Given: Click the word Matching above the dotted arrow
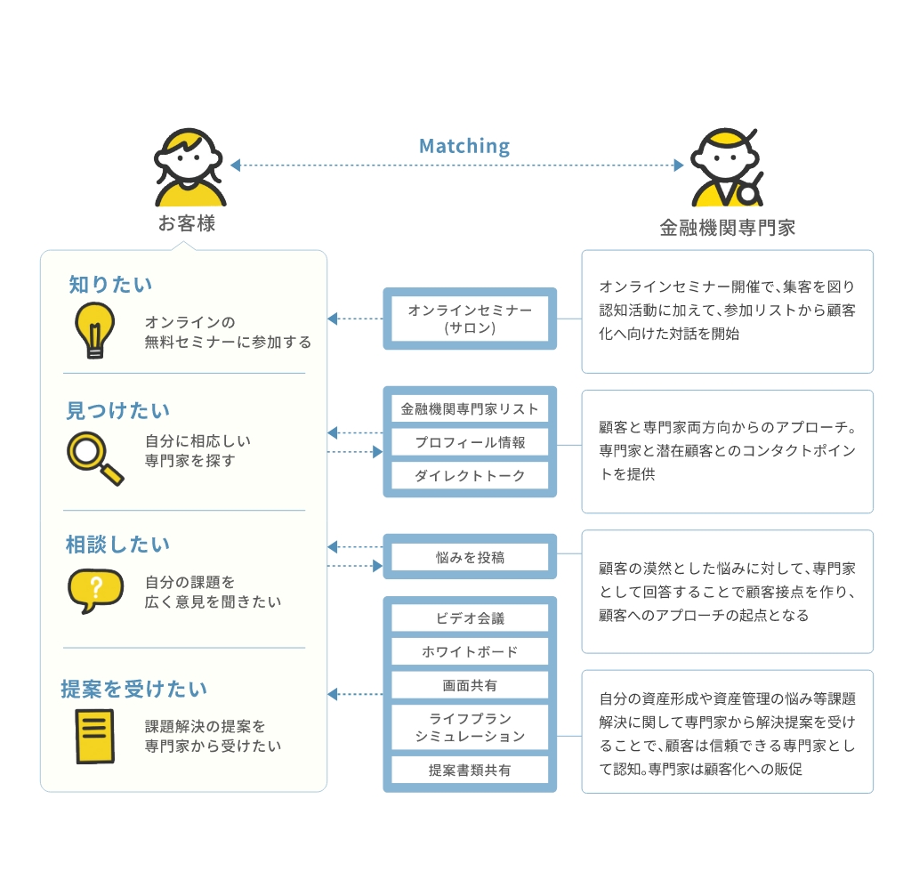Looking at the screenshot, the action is point(464,146).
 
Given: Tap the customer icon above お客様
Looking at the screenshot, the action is point(189,167).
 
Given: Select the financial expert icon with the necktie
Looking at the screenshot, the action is point(727,167).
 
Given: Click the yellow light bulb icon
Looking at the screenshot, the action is point(94,329).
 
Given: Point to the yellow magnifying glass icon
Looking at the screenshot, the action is point(95,458).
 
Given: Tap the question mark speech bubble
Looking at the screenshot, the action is point(96,590).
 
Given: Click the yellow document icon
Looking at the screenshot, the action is point(95,736).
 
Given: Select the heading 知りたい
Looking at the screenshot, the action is point(110,285).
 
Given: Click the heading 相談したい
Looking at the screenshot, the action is point(117,545).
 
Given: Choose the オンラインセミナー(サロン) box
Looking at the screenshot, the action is point(470,319).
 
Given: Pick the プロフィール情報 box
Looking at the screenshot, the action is point(470,442).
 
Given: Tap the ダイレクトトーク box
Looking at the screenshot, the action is point(470,476).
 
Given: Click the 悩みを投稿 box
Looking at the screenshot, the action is point(470,557).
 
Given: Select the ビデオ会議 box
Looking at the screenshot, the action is point(470,618).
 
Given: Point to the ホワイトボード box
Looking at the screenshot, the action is point(470,652).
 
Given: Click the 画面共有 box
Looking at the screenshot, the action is point(470,686).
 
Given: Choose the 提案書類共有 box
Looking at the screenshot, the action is point(470,770).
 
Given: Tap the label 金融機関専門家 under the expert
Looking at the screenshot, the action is point(728,228).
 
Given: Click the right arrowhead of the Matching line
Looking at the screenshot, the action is point(679,165).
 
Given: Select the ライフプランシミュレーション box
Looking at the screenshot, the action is point(470,728).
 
